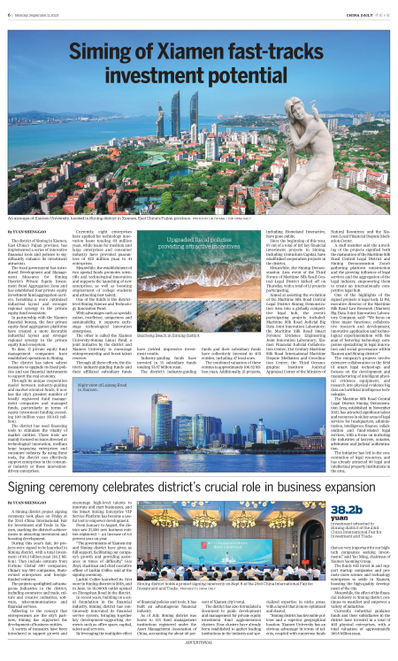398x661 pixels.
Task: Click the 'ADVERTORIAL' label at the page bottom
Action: tap(199, 656)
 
